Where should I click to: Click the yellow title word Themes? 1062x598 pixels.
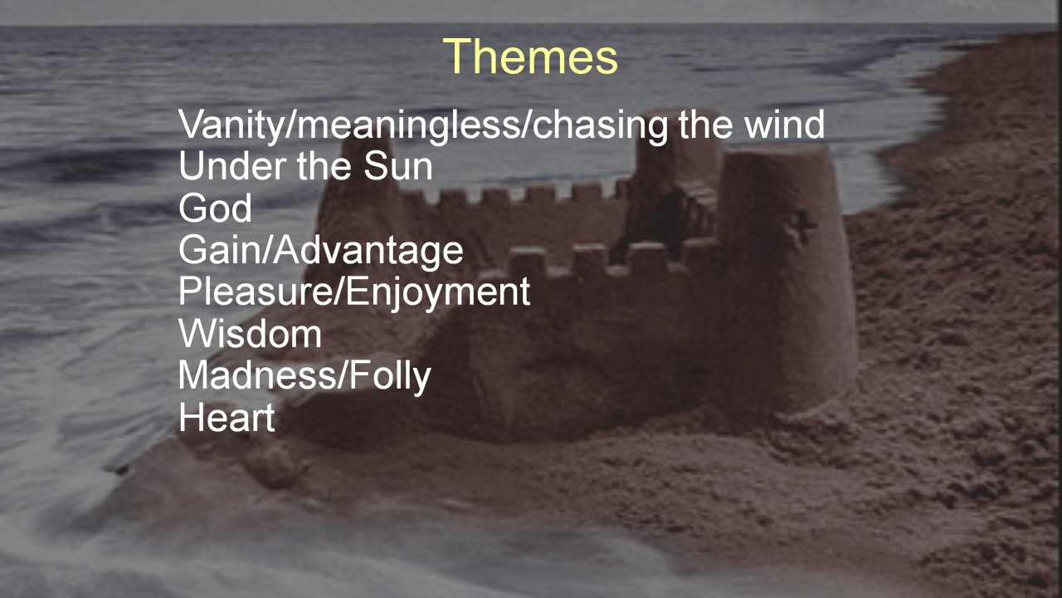530,56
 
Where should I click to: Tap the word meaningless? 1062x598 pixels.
408,125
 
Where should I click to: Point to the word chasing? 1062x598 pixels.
600,125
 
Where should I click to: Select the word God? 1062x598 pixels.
215,208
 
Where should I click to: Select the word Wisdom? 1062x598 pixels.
251,334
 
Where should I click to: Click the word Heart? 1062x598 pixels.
227,417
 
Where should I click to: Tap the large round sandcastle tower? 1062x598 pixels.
787,275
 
